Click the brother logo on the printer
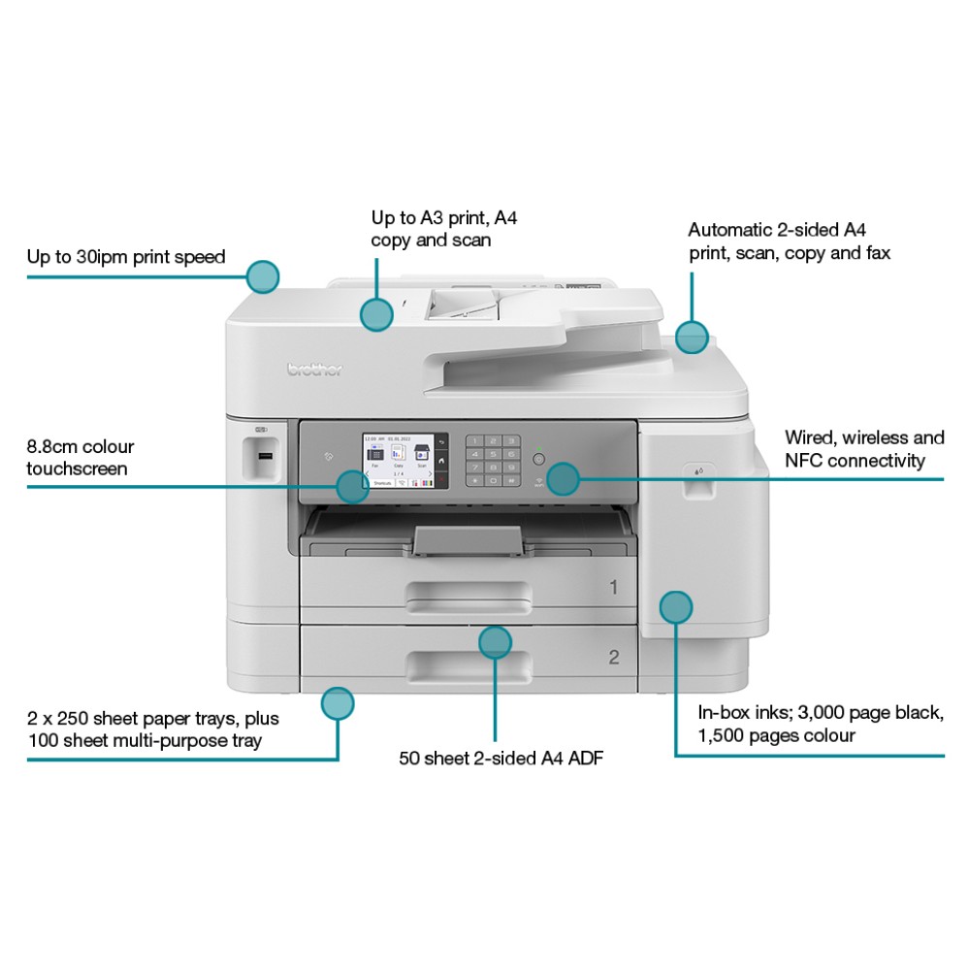click(x=315, y=369)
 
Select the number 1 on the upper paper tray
click(x=613, y=587)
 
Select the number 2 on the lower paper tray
click(x=613, y=657)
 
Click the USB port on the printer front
click(x=265, y=454)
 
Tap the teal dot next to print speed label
click(x=263, y=276)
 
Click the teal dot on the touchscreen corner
click(x=353, y=486)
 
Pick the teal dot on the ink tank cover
click(x=676, y=607)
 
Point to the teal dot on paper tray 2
click(x=496, y=641)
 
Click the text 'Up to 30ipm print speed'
click(x=126, y=257)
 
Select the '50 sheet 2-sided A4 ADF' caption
click(x=501, y=758)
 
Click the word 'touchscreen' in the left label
click(x=77, y=469)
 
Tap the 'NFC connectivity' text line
click(x=855, y=461)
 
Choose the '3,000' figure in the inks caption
click(x=824, y=713)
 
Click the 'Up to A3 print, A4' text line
click(x=443, y=218)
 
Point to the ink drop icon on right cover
click(x=698, y=470)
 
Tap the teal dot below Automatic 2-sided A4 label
click(x=692, y=337)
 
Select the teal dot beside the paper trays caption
click(x=338, y=703)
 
